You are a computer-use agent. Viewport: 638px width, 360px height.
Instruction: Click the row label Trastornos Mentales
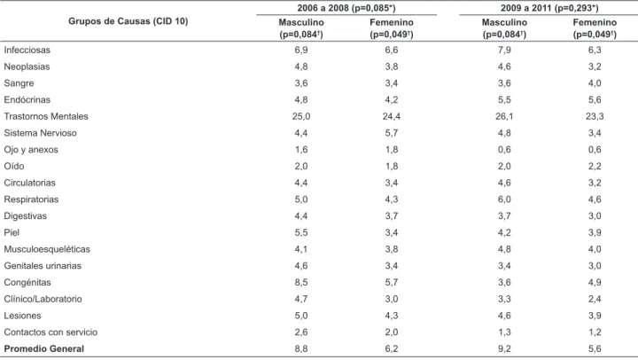point(46,116)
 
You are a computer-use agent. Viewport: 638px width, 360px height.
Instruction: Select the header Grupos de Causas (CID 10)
point(128,21)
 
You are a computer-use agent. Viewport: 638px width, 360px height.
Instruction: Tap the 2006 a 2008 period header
point(346,8)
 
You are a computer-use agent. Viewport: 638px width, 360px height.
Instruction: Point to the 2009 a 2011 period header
point(549,8)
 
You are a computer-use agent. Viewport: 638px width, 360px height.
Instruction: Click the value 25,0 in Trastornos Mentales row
point(301,116)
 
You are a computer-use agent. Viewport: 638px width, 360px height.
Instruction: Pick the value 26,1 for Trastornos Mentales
point(504,116)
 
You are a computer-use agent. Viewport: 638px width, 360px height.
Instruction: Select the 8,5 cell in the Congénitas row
point(301,283)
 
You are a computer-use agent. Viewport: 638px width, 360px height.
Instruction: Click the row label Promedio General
point(44,349)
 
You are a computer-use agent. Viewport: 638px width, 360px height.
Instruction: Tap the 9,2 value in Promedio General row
point(504,349)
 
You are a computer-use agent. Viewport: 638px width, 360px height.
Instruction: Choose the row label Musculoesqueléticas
point(47,249)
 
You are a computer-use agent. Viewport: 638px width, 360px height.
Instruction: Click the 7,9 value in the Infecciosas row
point(504,50)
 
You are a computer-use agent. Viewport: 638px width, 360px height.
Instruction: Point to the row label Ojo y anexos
point(31,150)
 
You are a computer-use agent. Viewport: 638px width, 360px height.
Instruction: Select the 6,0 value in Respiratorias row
point(504,200)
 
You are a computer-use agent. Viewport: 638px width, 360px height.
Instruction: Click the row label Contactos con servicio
point(51,333)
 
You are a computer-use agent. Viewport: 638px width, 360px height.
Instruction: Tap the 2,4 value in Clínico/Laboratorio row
point(595,300)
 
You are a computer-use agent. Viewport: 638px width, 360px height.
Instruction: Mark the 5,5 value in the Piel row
point(301,233)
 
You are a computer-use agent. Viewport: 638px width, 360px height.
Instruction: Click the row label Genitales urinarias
point(43,266)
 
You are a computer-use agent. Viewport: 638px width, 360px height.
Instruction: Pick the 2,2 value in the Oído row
point(595,167)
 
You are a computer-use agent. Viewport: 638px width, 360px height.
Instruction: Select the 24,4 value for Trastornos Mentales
point(392,116)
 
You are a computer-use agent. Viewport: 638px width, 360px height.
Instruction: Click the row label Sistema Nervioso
point(40,133)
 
